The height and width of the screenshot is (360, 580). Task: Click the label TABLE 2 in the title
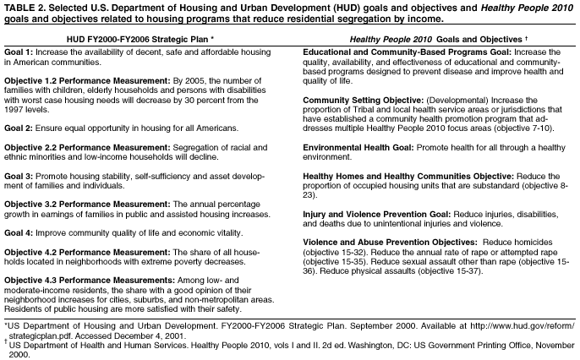click(x=23, y=7)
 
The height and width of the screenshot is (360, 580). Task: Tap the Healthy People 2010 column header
click(x=432, y=40)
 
